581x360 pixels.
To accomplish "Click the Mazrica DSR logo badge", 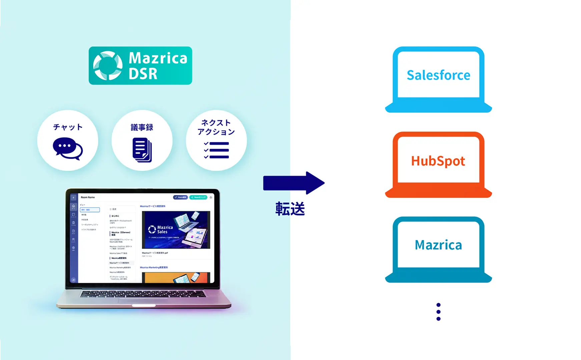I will pyautogui.click(x=140, y=65).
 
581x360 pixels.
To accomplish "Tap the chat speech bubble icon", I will pyautogui.click(x=68, y=149).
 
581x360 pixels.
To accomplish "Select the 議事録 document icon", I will pyautogui.click(x=142, y=150).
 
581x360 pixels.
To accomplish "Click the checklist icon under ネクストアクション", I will pyautogui.click(x=216, y=150).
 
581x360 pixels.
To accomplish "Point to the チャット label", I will pyautogui.click(x=68, y=127).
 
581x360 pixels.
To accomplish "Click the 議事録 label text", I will pyautogui.click(x=142, y=127).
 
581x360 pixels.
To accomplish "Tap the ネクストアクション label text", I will pyautogui.click(x=216, y=127).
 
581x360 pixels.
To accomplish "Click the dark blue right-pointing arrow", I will pyautogui.click(x=294, y=183).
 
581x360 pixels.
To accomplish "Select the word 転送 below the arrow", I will pyautogui.click(x=290, y=209).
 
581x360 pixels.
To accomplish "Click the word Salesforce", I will pyautogui.click(x=438, y=75).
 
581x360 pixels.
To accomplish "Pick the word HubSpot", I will pyautogui.click(x=438, y=161).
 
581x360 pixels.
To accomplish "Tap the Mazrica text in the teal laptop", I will pyautogui.click(x=438, y=245).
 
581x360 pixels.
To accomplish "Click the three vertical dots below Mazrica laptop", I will pyautogui.click(x=438, y=312).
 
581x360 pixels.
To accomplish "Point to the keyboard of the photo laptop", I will pyautogui.click(x=143, y=294).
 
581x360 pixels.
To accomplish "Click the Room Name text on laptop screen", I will pyautogui.click(x=88, y=197).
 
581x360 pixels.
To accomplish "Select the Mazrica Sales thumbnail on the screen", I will pyautogui.click(x=176, y=230).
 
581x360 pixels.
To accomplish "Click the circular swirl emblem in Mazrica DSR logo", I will pyautogui.click(x=108, y=66).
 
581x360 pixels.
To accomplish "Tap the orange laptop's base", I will pyautogui.click(x=438, y=193).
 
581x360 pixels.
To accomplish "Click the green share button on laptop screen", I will pyautogui.click(x=198, y=197).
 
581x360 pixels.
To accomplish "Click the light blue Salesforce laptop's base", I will pyautogui.click(x=438, y=107).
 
